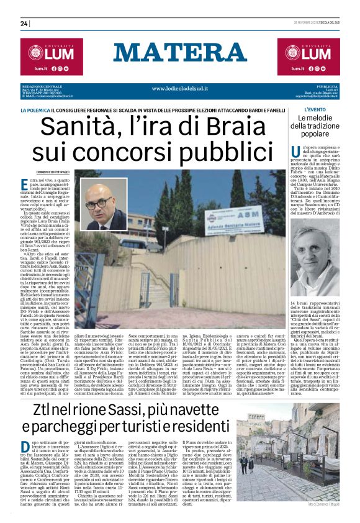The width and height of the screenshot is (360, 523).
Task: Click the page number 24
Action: (24, 24)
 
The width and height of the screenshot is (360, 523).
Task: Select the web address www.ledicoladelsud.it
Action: (180, 89)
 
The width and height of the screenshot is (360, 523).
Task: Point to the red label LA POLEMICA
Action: (53, 110)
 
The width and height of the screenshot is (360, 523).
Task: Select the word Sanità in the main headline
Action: (96, 128)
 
